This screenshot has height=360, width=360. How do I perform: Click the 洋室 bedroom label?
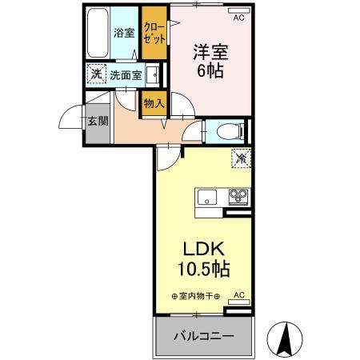click(x=210, y=53)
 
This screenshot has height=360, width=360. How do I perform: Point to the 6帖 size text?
click(x=210, y=70)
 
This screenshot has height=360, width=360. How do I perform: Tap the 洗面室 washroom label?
click(x=126, y=76)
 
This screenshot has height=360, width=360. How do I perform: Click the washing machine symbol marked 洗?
click(x=96, y=75)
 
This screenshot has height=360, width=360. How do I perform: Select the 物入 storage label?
click(x=154, y=102)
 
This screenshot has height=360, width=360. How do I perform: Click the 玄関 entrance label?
click(x=98, y=122)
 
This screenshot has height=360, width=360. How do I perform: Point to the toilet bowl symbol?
click(x=226, y=130)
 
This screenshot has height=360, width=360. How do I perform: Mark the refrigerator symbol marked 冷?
click(x=240, y=158)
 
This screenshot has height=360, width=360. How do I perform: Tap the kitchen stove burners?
click(x=238, y=194)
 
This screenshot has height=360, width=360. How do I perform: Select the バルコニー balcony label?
click(x=205, y=335)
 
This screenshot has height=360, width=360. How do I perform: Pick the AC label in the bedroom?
click(x=238, y=15)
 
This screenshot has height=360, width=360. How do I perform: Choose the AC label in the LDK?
click(x=238, y=297)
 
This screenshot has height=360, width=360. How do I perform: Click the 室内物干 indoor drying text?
click(x=199, y=297)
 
